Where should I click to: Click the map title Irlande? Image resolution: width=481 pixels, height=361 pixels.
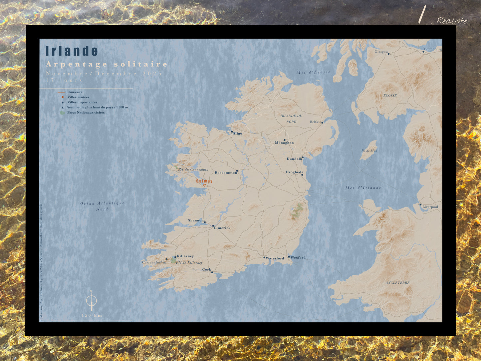click(x=72, y=51)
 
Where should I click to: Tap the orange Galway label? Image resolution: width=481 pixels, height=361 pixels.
click(x=204, y=181)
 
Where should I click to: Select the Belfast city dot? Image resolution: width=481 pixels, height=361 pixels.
click(x=322, y=123)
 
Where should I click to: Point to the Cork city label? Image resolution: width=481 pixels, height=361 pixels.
click(x=206, y=270)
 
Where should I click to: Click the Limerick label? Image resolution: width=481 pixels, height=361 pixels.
click(x=222, y=228)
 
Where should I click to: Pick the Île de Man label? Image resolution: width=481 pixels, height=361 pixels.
click(x=369, y=151)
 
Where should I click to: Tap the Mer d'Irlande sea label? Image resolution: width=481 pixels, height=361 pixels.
click(x=363, y=188)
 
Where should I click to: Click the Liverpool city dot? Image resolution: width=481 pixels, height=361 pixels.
click(x=420, y=204)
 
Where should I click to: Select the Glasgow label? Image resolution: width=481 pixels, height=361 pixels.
click(x=381, y=52)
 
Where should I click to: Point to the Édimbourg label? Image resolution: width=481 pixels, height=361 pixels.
click(x=433, y=49)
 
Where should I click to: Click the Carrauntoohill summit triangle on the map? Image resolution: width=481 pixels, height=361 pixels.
click(x=166, y=258)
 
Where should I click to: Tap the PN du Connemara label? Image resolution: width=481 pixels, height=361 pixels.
click(x=193, y=170)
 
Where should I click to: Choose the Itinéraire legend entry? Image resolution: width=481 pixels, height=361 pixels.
click(x=75, y=92)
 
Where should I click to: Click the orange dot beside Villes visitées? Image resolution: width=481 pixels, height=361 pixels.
click(x=63, y=97)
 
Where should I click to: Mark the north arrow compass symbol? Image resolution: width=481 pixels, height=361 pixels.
click(x=91, y=301)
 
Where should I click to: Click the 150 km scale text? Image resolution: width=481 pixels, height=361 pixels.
click(x=92, y=315)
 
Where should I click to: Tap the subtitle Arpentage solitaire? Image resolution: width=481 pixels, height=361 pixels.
click(x=107, y=64)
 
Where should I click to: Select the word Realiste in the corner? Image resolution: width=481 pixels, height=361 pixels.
click(x=452, y=21)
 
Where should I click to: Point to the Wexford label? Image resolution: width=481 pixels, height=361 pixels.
click(x=298, y=257)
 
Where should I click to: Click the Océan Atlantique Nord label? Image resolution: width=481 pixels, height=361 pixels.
click(x=102, y=206)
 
